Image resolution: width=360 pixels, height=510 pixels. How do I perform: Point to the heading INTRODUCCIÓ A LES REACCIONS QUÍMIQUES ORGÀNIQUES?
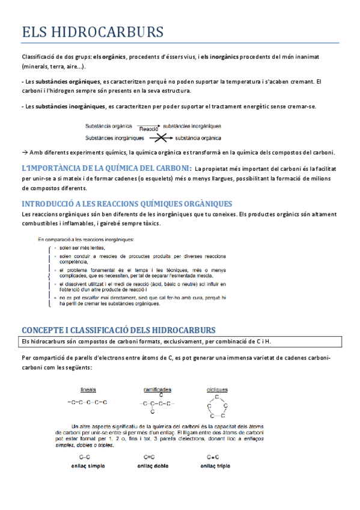pyautogui.click(x=127, y=204)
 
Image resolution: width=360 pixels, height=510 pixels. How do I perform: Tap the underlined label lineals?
pyautogui.click(x=88, y=390)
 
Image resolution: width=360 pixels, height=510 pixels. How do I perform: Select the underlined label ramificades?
pyautogui.click(x=157, y=390)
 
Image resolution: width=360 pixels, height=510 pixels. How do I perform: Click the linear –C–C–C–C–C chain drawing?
pyautogui.click(x=88, y=402)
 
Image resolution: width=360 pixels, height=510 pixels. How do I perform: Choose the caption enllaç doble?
pyautogui.click(x=153, y=465)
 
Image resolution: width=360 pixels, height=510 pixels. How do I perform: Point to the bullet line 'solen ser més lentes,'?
pyautogui.click(x=82, y=248)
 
